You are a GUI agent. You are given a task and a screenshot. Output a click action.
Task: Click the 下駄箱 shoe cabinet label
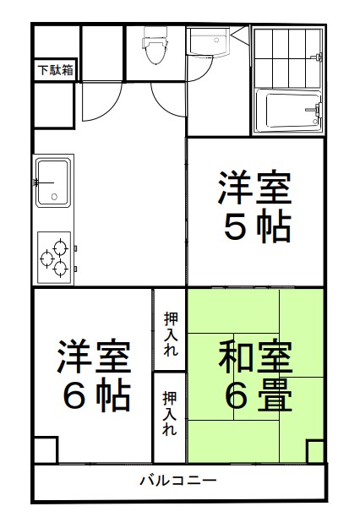click(x=55, y=70)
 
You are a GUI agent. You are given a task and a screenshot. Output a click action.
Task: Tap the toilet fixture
click(x=155, y=46)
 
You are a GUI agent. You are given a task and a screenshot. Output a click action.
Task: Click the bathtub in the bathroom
click(x=288, y=111)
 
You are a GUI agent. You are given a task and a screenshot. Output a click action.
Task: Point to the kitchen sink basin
click(x=53, y=182)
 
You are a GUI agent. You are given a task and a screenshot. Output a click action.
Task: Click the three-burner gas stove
click(x=54, y=258)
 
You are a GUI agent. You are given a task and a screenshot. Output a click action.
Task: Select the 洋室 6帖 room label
click(x=95, y=374)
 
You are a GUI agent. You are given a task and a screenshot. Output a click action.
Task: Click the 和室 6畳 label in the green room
click(x=255, y=374)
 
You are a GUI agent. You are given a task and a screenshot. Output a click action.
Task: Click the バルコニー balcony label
click(x=178, y=480)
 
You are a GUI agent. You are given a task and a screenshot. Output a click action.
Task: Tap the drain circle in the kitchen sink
click(x=54, y=197)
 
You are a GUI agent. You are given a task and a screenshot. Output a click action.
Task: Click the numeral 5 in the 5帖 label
click(x=235, y=226)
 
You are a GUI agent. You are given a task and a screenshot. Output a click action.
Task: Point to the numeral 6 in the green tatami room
click(x=236, y=395)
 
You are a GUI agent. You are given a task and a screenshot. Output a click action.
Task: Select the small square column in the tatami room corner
click(x=315, y=451)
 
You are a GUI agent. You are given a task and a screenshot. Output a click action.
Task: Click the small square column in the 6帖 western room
click(x=46, y=449)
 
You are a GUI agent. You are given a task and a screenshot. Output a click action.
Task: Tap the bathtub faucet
click(x=314, y=110)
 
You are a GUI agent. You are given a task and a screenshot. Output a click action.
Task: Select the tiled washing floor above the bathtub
click(x=287, y=58)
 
